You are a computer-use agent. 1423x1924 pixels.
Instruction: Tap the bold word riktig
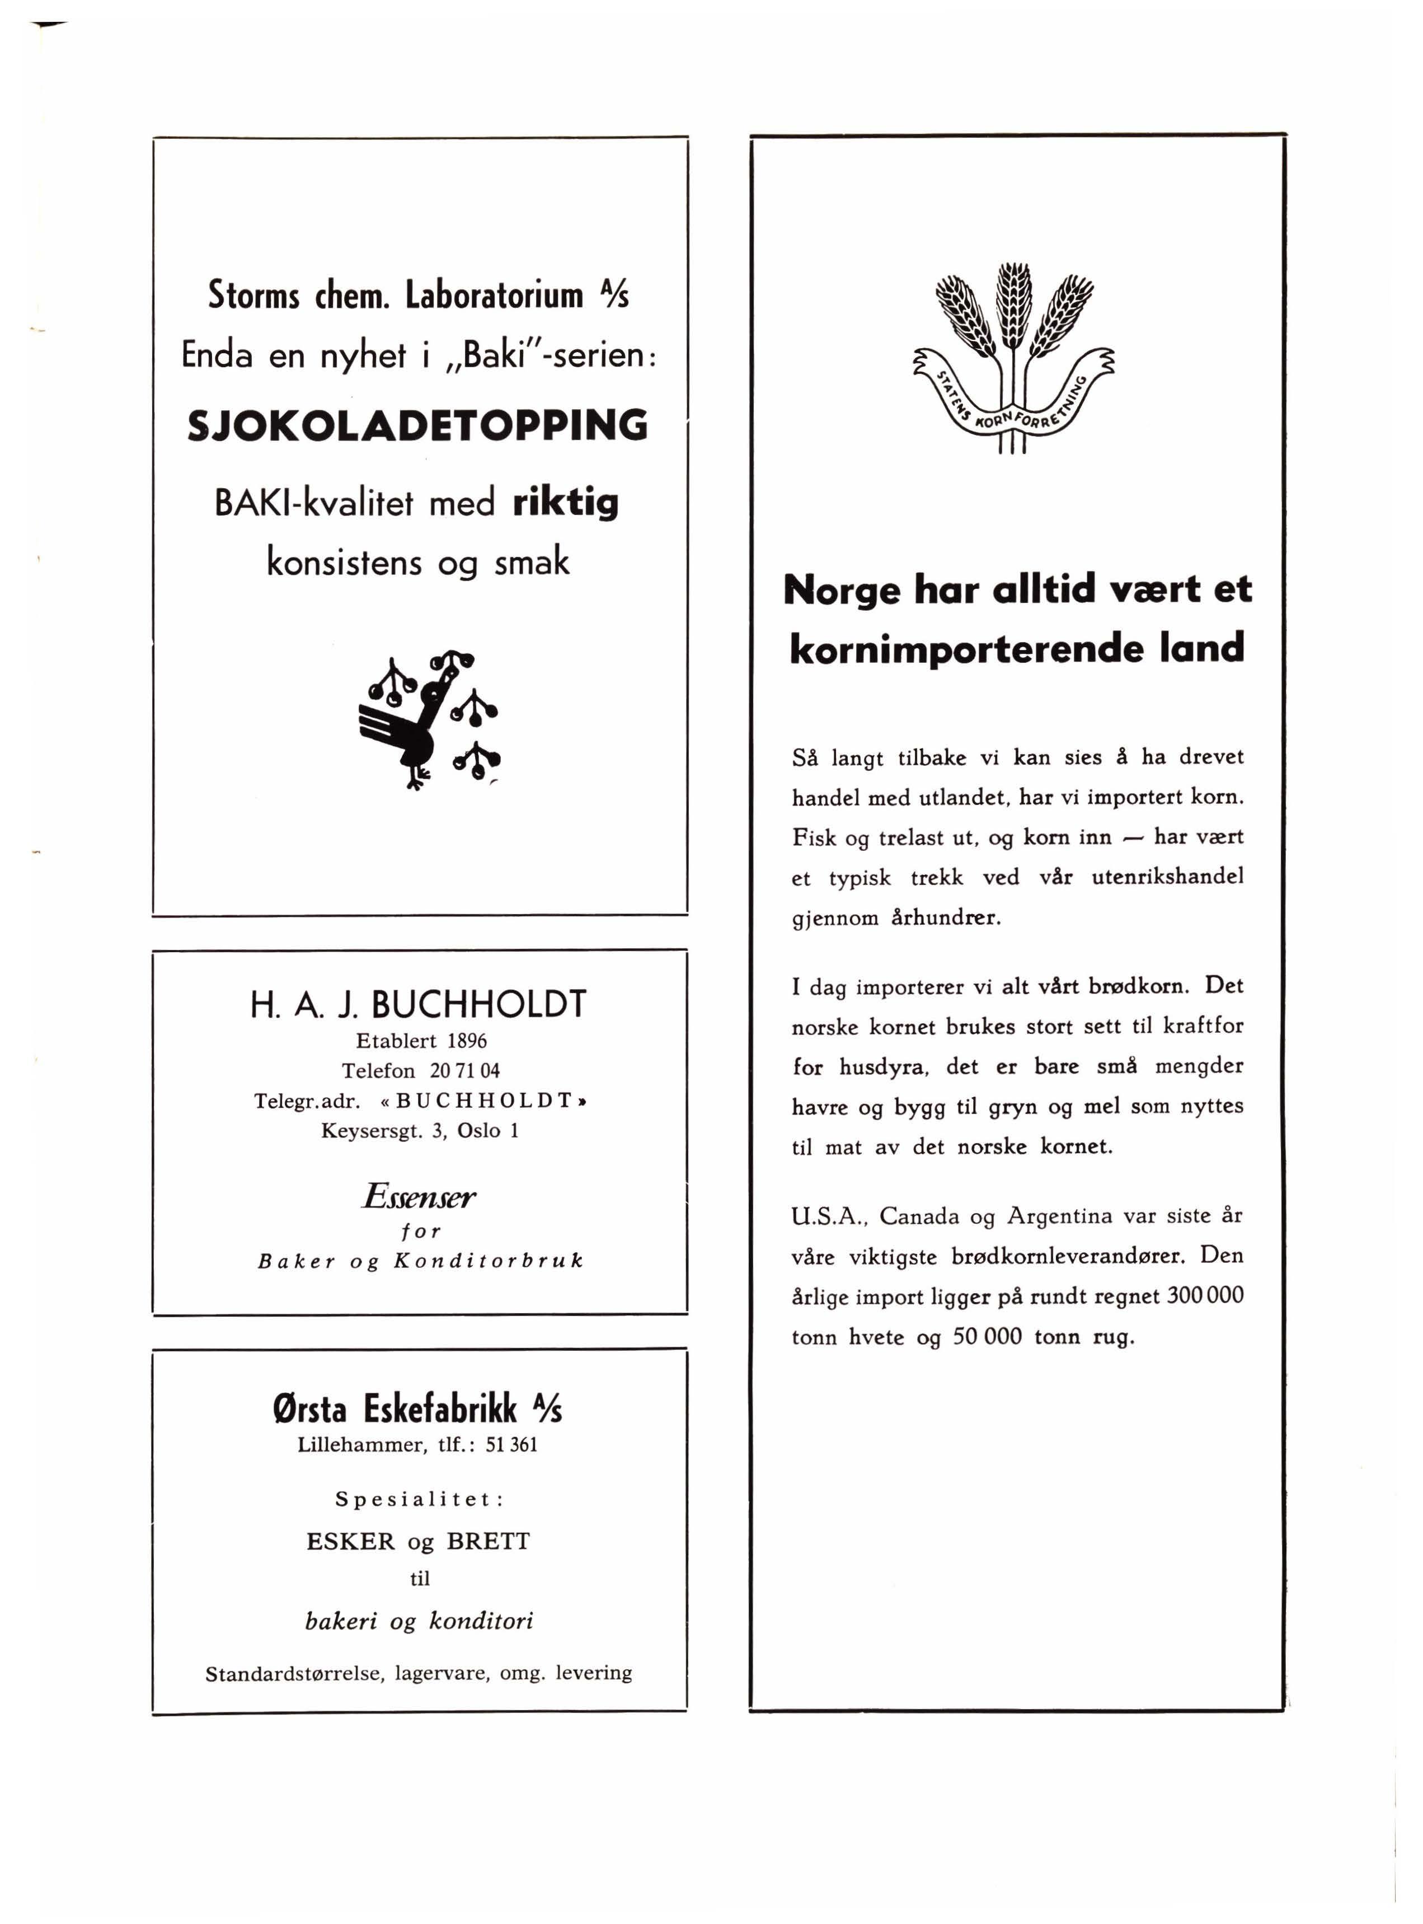click(x=565, y=502)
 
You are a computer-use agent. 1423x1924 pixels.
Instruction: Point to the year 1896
click(x=467, y=1041)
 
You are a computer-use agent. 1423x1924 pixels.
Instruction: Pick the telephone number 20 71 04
click(x=465, y=1071)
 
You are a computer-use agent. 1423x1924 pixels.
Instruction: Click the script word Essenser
click(x=419, y=1196)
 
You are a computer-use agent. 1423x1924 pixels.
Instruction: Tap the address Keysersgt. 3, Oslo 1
click(x=420, y=1130)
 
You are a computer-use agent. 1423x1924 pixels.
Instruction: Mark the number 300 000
click(x=1205, y=1296)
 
